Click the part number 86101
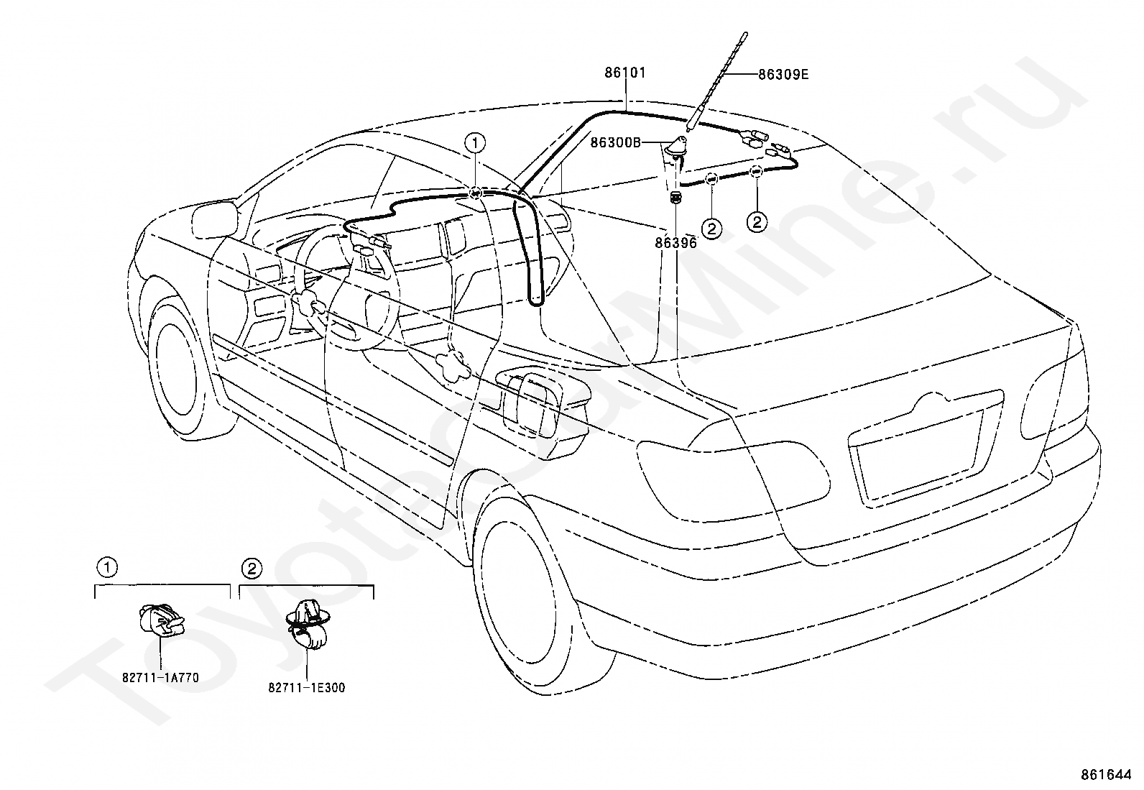625,73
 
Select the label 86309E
783,75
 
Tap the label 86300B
615,142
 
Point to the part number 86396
675,243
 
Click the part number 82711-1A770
160,678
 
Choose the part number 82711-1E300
307,688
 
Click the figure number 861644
1106,775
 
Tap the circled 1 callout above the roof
475,143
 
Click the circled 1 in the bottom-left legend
107,567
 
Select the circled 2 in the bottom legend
252,569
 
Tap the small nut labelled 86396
675,198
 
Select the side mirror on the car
216,220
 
